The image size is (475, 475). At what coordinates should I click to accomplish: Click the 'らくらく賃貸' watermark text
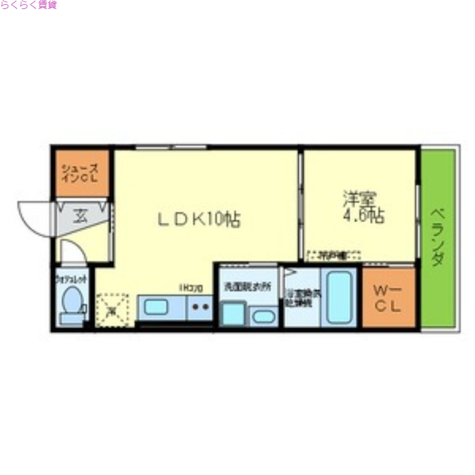coord(28,5)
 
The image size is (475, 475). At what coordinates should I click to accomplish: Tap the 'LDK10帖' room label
coord(199,220)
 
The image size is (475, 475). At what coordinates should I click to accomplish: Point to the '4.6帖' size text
coord(363,216)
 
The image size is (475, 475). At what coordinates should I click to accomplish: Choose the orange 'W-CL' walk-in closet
coord(388,297)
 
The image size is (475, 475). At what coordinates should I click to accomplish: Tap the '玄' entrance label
coord(79,216)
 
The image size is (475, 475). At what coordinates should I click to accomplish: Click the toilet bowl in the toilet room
coord(72,300)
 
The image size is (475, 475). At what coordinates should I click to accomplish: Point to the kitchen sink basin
coord(157,308)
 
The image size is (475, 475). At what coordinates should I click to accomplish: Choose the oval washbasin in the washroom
coord(263,316)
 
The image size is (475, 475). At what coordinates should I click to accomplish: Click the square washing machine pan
coord(233,313)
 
